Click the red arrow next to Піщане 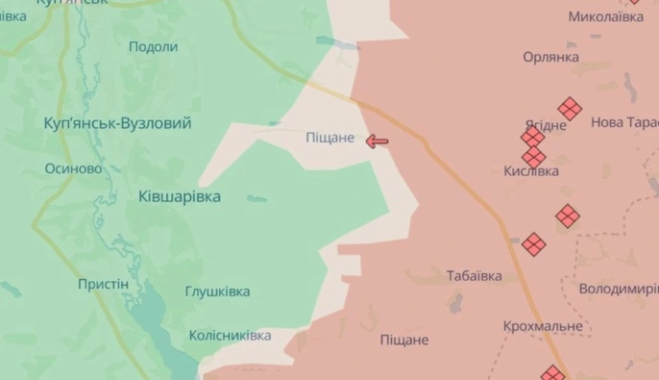point(378,141)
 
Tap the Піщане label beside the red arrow point(330,139)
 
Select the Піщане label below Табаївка point(404,340)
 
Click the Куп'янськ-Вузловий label point(118,123)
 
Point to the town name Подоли point(153,47)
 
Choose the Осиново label point(74,168)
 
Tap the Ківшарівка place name point(179,196)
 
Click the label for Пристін point(103,285)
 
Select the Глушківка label point(217,291)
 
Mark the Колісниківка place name point(230,336)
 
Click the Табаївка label point(475,276)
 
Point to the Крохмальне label point(543,326)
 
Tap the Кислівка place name point(531,170)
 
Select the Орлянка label point(550,57)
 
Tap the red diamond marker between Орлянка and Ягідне point(570,108)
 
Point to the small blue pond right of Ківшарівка point(256,199)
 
